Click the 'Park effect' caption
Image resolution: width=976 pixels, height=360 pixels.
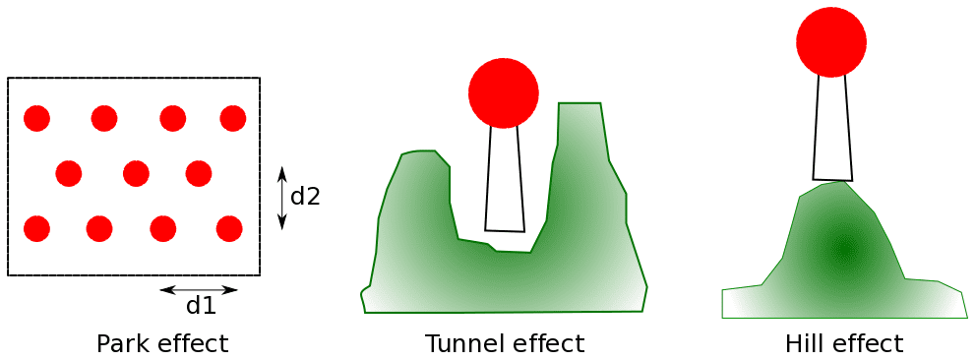tap(162, 344)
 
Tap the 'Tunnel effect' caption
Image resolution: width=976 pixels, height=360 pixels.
tap(505, 344)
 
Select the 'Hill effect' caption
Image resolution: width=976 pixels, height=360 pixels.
tap(844, 344)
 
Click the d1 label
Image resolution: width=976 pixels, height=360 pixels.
tap(201, 307)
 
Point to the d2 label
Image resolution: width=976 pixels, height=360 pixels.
tap(305, 197)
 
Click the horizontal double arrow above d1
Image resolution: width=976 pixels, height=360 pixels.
tap(199, 290)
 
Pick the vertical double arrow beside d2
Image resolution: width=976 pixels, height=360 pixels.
tap(282, 198)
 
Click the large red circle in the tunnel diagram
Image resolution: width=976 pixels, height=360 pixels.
tap(504, 93)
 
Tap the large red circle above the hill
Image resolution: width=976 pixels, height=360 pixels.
tap(831, 42)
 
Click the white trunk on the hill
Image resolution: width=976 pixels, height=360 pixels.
tap(832, 128)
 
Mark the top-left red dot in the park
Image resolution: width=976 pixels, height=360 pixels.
tap(37, 118)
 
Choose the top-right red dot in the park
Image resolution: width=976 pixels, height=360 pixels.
tap(233, 118)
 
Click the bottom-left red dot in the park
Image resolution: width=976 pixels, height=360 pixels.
tap(37, 228)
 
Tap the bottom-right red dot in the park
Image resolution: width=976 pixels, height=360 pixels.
tap(229, 228)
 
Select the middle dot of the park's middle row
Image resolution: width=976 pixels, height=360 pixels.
tap(136, 174)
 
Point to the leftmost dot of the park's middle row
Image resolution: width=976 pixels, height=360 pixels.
tap(69, 174)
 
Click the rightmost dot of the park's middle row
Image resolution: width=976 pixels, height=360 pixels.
tap(199, 174)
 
